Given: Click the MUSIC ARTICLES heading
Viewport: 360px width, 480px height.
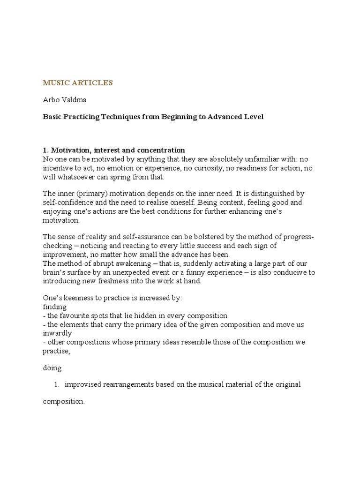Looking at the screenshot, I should click(78, 83).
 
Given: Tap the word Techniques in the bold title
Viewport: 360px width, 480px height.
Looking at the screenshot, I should click(120, 117).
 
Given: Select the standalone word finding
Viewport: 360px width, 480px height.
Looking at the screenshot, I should click(54, 307).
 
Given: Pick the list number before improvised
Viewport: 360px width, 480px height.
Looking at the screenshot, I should click(56, 385).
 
